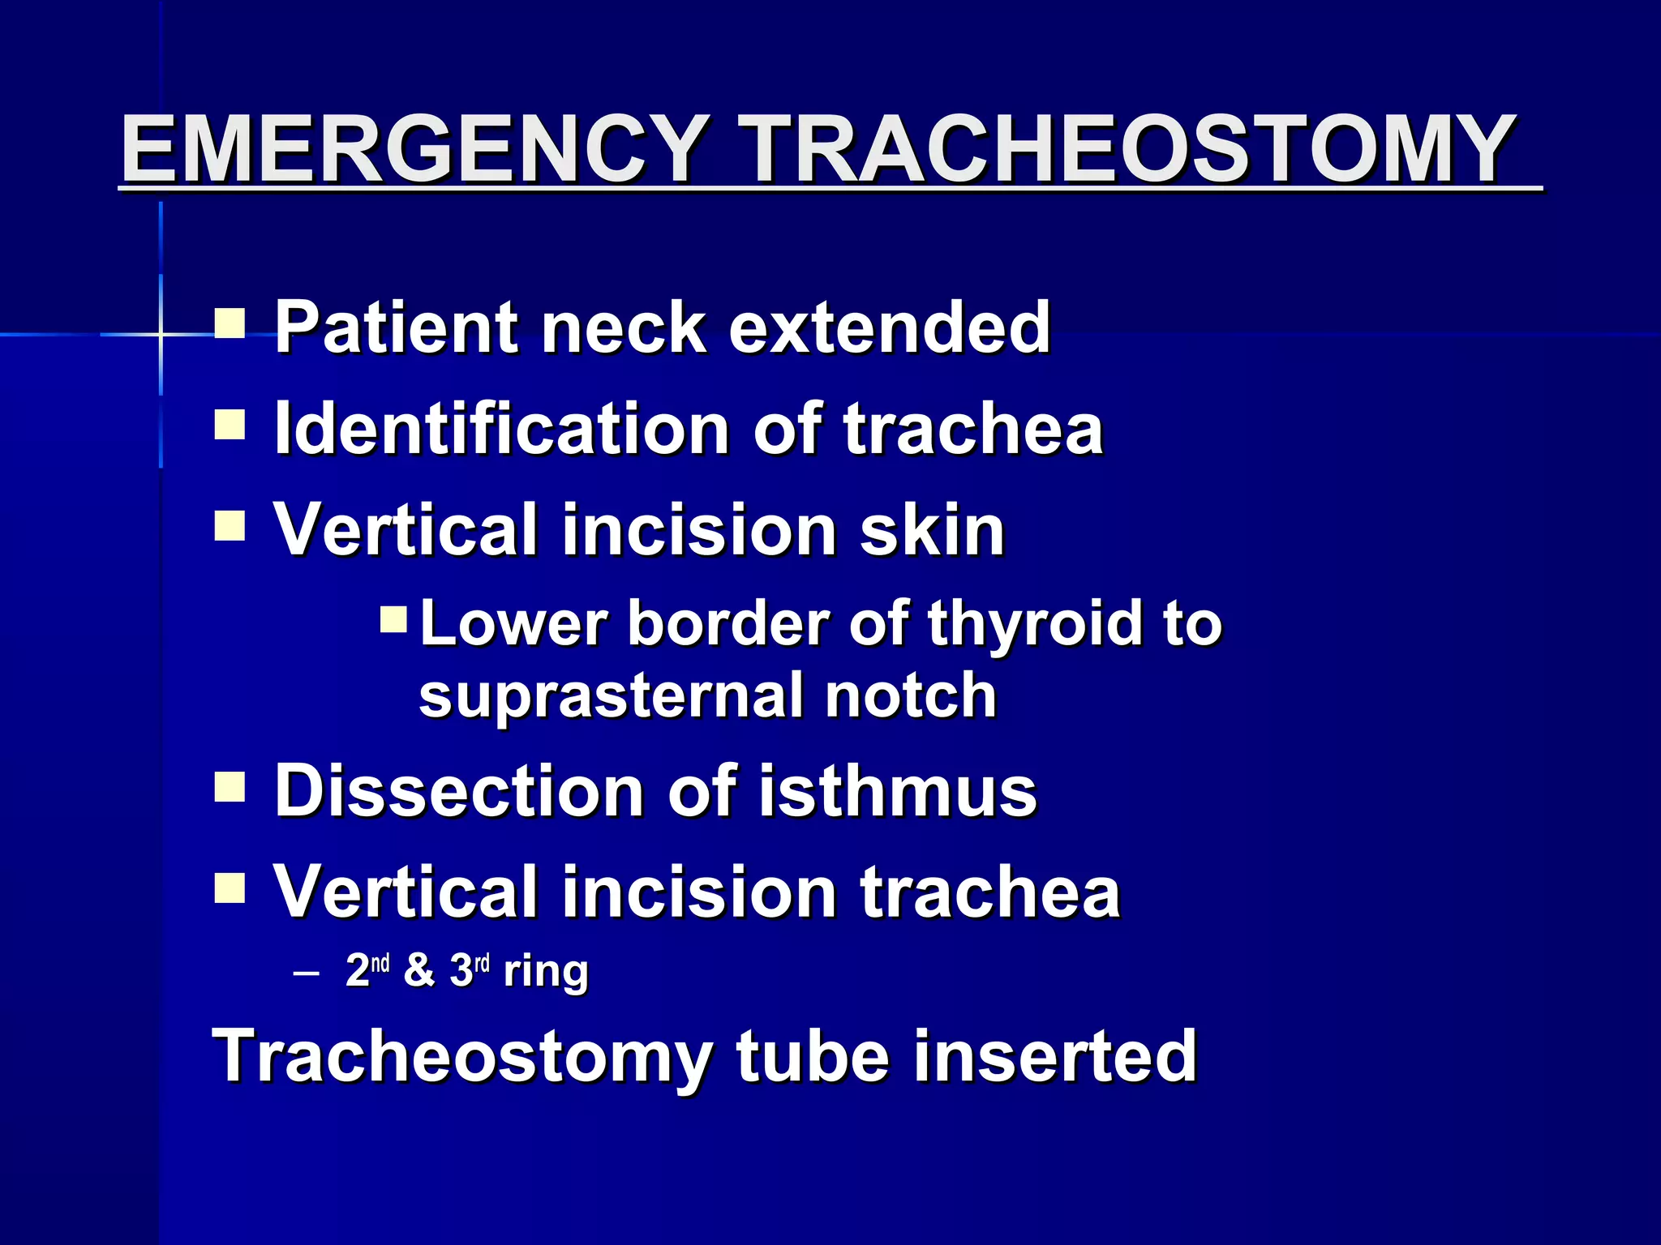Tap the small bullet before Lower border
pos(395,620)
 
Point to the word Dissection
pos(459,791)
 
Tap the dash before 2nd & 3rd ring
pos(306,973)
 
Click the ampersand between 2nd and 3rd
pos(418,970)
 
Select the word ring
pos(546,972)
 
